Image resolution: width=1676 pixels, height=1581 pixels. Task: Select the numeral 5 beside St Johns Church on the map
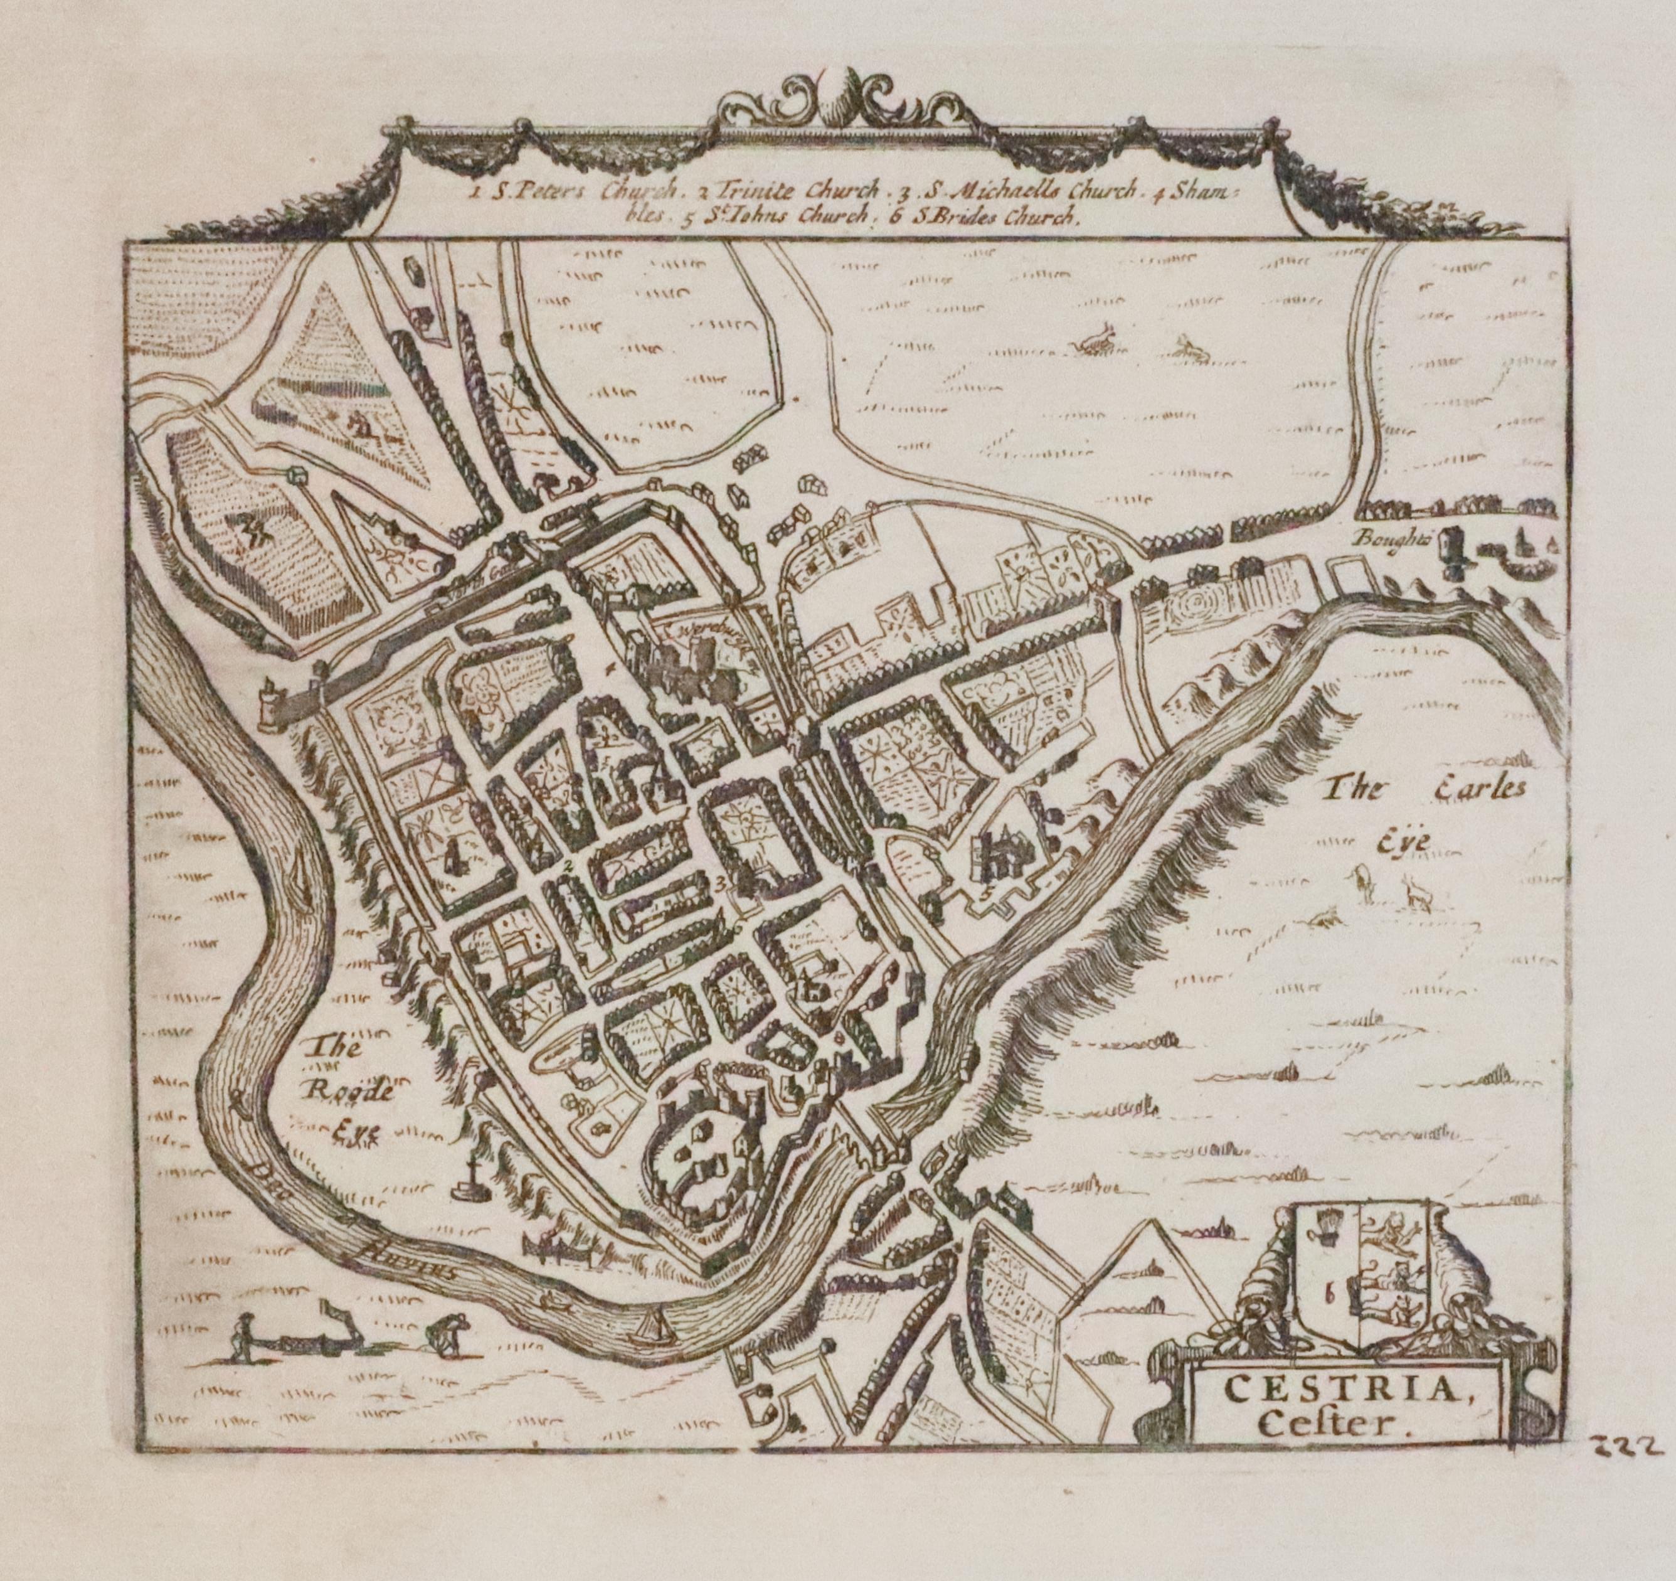tap(987, 887)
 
